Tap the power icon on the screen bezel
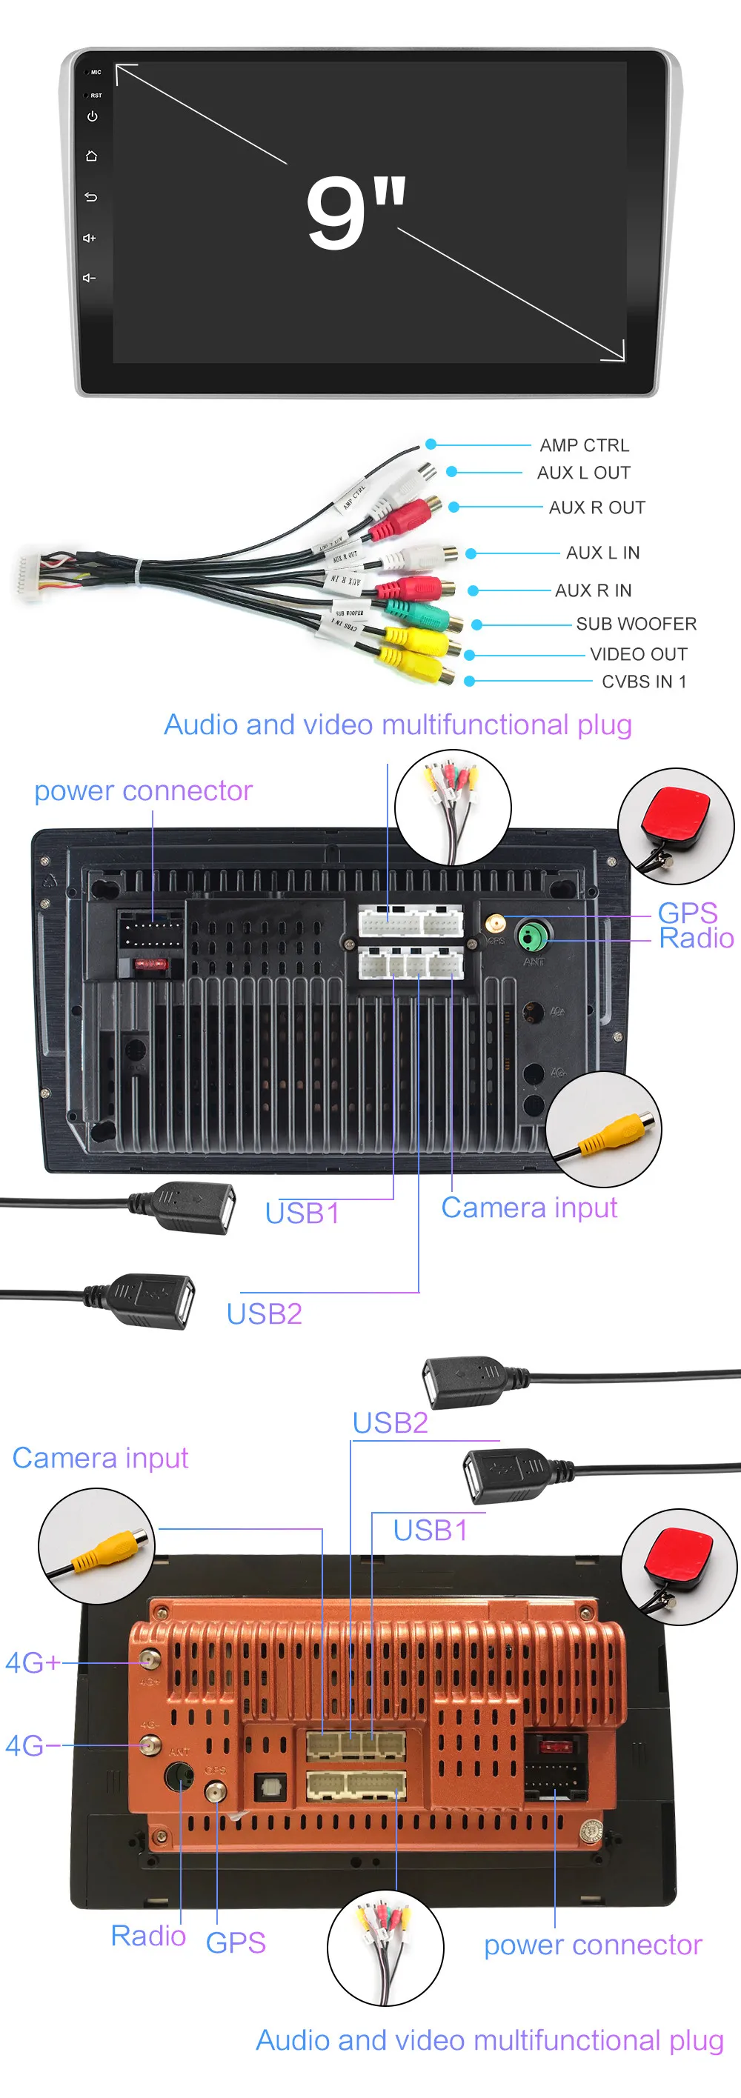point(92,116)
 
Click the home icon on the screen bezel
point(91,156)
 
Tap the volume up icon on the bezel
point(90,238)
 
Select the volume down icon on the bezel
point(90,278)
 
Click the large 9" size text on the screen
point(356,212)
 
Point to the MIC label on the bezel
point(96,73)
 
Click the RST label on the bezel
point(96,96)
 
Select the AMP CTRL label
point(584,445)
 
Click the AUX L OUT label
point(583,473)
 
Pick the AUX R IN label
point(593,590)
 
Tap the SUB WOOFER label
point(636,624)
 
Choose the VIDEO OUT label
point(639,654)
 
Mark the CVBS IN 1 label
point(643,682)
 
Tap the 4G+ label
point(33,1663)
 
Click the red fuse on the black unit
point(151,965)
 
